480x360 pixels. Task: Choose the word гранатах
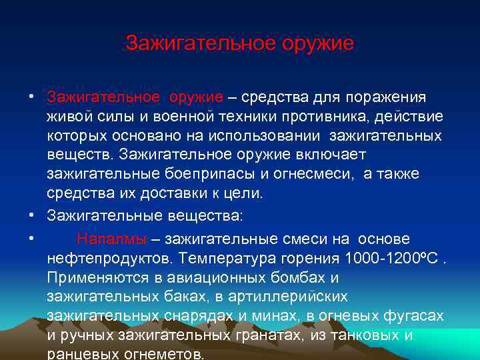[280, 334]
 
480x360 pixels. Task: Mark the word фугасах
[418, 315]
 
